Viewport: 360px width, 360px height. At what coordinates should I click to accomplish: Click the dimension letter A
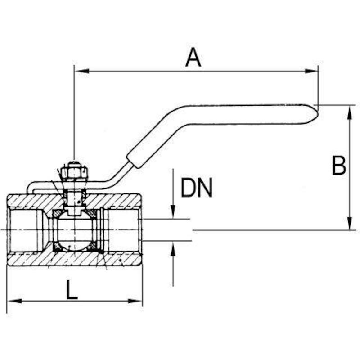click(193, 57)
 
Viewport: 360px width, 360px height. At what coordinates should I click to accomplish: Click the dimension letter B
click(339, 165)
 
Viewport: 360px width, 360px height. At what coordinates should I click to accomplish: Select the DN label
click(197, 188)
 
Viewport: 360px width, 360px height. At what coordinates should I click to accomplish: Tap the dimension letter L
click(72, 289)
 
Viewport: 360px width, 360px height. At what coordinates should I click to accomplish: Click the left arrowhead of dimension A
click(82, 71)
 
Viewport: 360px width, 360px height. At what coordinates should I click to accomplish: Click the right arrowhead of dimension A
click(311, 71)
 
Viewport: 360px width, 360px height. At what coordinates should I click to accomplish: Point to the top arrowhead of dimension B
click(350, 112)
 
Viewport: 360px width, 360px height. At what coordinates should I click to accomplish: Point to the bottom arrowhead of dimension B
click(350, 223)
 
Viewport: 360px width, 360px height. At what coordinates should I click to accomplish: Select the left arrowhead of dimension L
click(15, 301)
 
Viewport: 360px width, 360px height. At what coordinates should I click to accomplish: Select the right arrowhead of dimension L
click(135, 301)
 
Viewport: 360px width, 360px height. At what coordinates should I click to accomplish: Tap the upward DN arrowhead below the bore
click(173, 248)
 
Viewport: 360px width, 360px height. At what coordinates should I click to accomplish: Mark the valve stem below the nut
click(74, 199)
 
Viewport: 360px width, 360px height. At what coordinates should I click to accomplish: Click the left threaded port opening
click(23, 230)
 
